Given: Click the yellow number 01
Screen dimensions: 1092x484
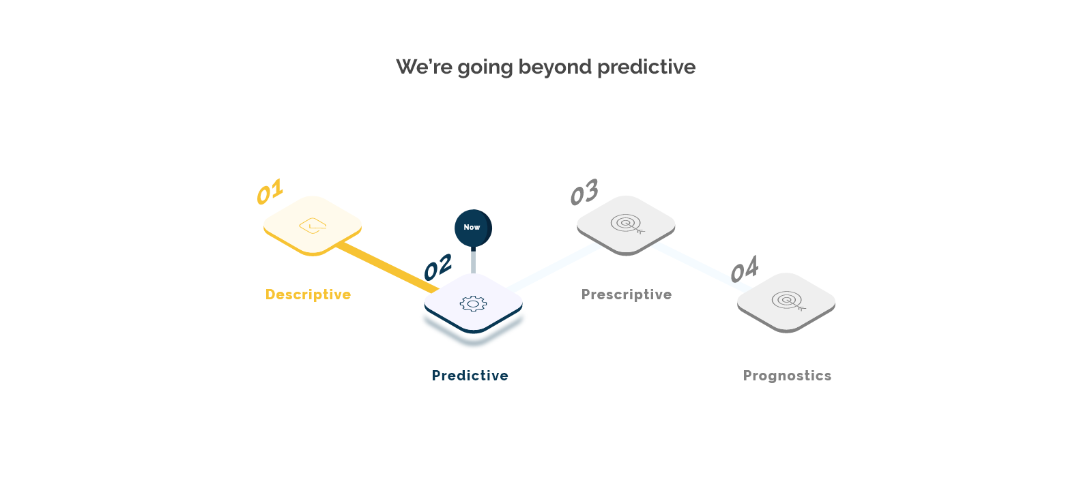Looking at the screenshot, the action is pyautogui.click(x=270, y=192).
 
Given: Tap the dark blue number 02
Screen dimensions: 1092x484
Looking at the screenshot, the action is pyautogui.click(x=437, y=267).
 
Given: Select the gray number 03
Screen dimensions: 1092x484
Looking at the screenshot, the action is pyautogui.click(x=584, y=192).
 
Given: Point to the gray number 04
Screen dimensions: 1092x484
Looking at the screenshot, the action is pyautogui.click(x=745, y=269).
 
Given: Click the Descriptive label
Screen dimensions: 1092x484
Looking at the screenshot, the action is pyautogui.click(x=308, y=294).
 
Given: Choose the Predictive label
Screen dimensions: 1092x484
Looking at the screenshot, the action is pyautogui.click(x=470, y=376).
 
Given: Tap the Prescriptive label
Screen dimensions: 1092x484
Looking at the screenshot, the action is pyautogui.click(x=627, y=294).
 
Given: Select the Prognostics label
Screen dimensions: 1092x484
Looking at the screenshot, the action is pyautogui.click(x=788, y=376).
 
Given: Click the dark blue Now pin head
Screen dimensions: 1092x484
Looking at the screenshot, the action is pyautogui.click(x=473, y=228).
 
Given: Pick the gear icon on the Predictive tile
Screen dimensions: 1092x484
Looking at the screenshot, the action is pyautogui.click(x=473, y=304).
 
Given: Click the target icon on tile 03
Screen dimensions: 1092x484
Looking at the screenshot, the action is pyautogui.click(x=627, y=224).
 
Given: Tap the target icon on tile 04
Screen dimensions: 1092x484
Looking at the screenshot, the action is pyautogui.click(x=788, y=301).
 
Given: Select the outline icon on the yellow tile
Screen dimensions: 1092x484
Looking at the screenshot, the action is pyautogui.click(x=313, y=226).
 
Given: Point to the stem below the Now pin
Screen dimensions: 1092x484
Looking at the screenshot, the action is pyautogui.click(x=473, y=260).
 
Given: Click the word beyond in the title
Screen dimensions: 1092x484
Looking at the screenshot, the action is pyautogui.click(x=555, y=67).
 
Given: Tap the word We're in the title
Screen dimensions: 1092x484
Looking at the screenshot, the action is pyautogui.click(x=424, y=67).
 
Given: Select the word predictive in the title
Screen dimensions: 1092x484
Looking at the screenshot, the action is pyautogui.click(x=646, y=67).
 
